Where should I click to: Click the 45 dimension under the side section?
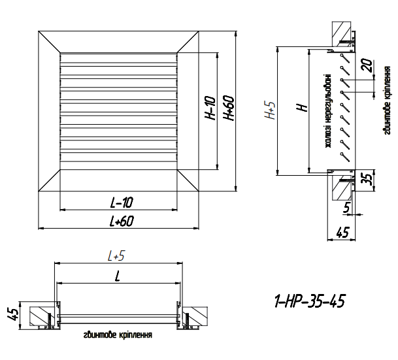pyautogui.click(x=342, y=231)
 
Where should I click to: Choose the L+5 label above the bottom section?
pyautogui.click(x=118, y=257)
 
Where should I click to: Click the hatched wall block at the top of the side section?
pyautogui.click(x=341, y=31)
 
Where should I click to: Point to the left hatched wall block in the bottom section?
pyautogui.click(x=41, y=316)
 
